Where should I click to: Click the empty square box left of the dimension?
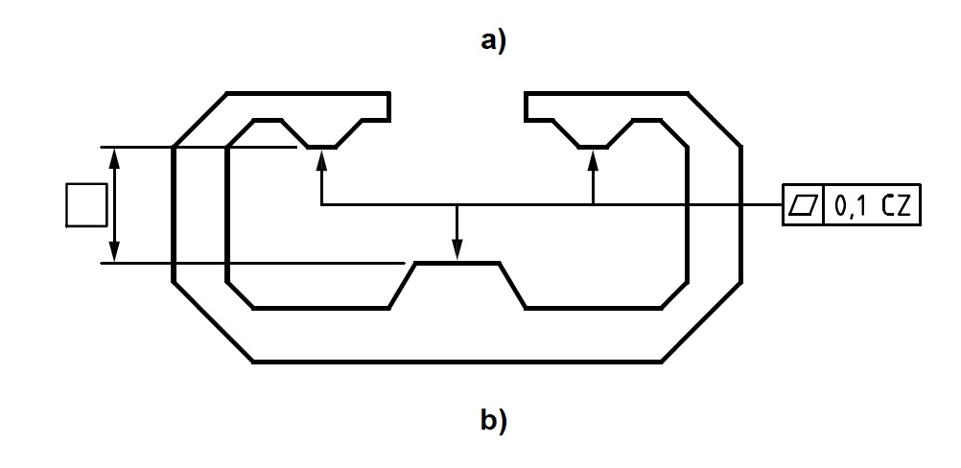[x=86, y=205]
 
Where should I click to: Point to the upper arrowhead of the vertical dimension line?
[x=115, y=157]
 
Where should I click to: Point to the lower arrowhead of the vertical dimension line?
[x=115, y=251]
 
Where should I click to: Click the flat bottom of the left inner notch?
[x=320, y=147]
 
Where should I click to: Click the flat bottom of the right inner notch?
[x=594, y=147]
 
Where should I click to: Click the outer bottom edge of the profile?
[x=457, y=362]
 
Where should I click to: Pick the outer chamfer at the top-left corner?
[x=199, y=120]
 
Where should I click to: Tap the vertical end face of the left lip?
[x=388, y=105]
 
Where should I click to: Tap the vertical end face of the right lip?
[x=526, y=105]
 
